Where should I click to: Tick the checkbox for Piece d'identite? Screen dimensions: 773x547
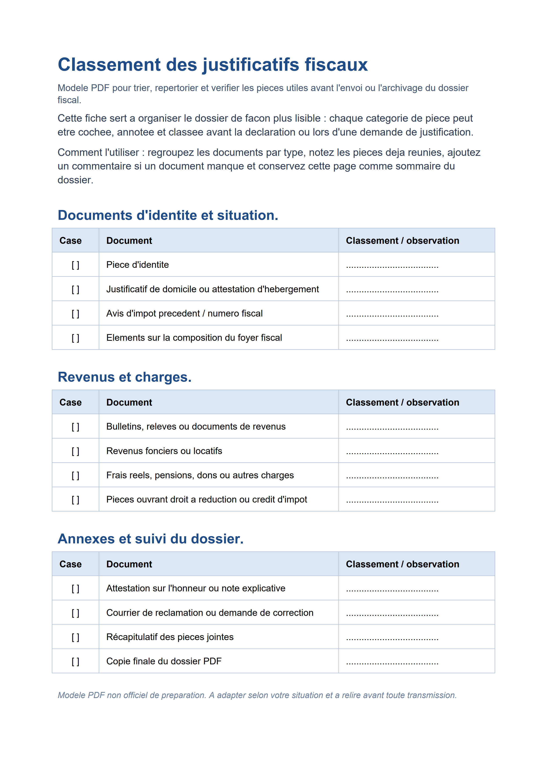coord(75,265)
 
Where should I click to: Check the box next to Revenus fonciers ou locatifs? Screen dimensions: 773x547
coord(75,451)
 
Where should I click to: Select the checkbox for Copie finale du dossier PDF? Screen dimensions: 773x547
coord(75,661)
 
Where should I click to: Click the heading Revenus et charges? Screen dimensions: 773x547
coord(124,377)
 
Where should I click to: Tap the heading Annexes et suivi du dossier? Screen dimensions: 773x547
coord(150,539)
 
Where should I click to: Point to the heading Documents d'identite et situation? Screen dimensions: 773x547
coord(168,216)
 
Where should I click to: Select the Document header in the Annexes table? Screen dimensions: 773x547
coord(129,564)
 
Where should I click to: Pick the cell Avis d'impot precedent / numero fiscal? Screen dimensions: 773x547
coord(184,313)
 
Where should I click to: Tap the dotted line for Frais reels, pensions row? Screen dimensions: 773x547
coord(392,476)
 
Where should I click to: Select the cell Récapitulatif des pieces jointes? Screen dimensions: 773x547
coord(170,637)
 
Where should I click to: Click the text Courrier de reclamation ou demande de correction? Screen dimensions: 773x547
coord(210,613)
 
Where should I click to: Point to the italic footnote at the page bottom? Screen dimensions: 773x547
coord(257,695)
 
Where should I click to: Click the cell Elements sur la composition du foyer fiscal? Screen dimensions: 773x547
coord(194,338)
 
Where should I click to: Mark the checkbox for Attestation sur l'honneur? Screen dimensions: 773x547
coord(75,589)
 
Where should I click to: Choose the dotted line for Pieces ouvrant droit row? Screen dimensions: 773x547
coord(392,500)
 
